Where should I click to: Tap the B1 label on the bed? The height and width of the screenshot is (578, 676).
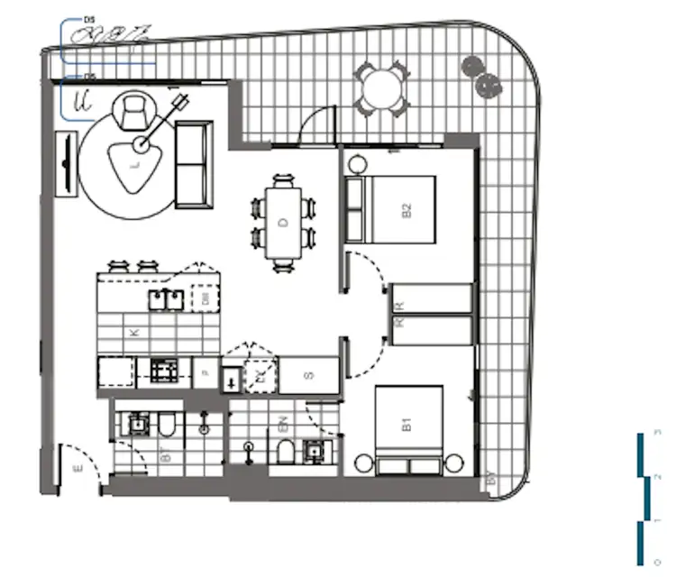click(407, 422)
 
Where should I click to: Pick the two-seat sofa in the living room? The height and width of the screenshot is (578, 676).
click(192, 163)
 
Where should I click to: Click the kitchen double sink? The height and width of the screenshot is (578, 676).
click(164, 298)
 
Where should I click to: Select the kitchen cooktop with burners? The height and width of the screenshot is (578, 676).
click(163, 369)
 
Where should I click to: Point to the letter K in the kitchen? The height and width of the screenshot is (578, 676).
click(135, 333)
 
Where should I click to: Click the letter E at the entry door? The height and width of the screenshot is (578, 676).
click(78, 467)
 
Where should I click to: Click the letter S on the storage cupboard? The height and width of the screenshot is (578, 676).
click(309, 375)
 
